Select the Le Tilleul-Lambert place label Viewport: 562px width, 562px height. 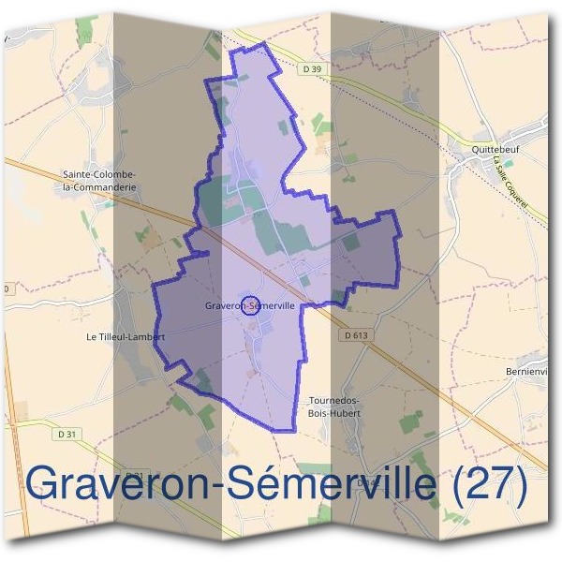click(126, 336)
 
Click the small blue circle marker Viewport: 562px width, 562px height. click(250, 304)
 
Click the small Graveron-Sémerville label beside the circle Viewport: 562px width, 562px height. click(249, 305)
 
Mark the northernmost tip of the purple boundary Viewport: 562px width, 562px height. click(264, 43)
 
